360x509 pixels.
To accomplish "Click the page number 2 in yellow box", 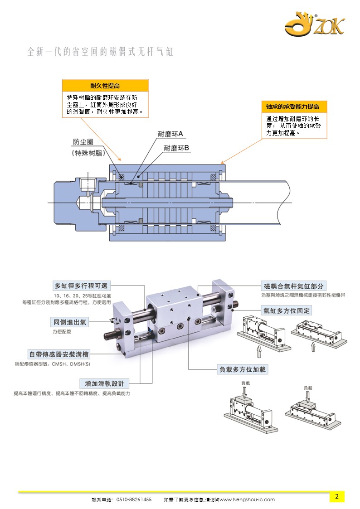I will (337, 496).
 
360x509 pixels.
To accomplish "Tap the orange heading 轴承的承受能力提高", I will (292, 107).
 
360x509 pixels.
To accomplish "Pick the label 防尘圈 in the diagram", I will (83, 142).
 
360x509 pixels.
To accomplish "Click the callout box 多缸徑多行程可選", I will (82, 286).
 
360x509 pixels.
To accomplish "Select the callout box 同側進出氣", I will (69, 322).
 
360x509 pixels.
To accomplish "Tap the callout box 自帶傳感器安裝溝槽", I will (57, 354).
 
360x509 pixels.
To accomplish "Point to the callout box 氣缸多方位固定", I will (286, 310).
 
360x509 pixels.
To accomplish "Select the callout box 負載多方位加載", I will (243, 369).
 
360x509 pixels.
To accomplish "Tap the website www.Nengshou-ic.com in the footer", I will (247, 499).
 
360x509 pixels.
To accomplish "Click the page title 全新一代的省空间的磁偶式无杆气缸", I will (100, 52).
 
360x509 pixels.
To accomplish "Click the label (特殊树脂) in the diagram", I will (89, 153).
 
